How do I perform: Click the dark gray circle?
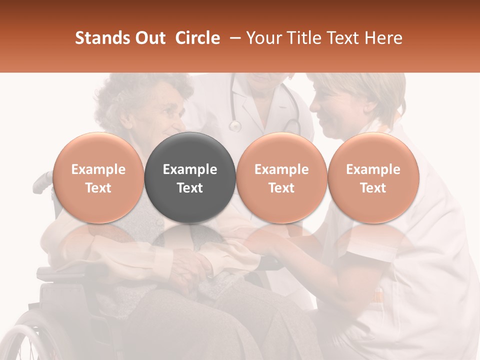pyautogui.click(x=190, y=177)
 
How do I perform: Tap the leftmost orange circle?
pyautogui.click(x=98, y=177)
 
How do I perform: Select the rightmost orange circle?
pyautogui.click(x=373, y=177)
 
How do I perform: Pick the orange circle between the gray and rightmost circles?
pyautogui.click(x=281, y=177)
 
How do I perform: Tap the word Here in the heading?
pyautogui.click(x=383, y=38)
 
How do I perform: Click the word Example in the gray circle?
pyautogui.click(x=190, y=169)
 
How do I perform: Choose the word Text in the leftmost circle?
pyautogui.click(x=98, y=188)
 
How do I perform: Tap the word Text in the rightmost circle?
pyautogui.click(x=373, y=188)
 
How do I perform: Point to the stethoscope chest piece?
pyautogui.click(x=234, y=126)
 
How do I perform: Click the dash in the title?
pyautogui.click(x=233, y=38)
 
